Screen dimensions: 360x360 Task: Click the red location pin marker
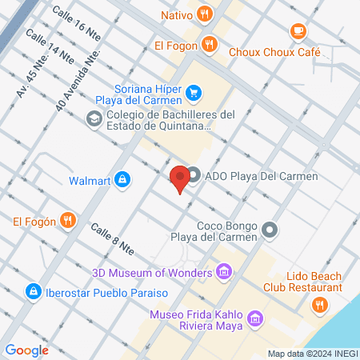179,178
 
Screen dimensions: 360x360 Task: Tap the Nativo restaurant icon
206,13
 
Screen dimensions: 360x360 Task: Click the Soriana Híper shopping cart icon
193,94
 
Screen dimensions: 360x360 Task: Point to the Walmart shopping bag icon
122,180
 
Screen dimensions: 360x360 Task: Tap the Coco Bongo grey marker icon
270,230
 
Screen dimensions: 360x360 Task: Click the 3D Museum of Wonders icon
225,274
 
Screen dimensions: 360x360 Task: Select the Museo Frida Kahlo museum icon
255,320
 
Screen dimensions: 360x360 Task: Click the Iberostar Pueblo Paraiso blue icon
33,291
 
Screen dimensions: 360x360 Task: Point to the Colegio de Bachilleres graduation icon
94,119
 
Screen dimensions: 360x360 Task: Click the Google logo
27,350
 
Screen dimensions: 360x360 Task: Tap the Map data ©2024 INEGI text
312,353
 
